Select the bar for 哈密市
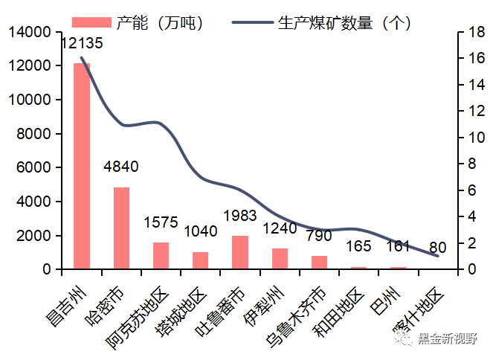(121, 228)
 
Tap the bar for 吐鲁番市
(240, 252)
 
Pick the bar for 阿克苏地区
(161, 255)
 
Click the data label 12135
(81, 44)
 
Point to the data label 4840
(121, 167)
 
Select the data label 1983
(240, 216)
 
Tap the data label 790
(320, 237)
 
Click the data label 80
(438, 247)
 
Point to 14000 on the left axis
(30, 33)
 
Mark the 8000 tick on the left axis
(34, 134)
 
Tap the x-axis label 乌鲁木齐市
(297, 312)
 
